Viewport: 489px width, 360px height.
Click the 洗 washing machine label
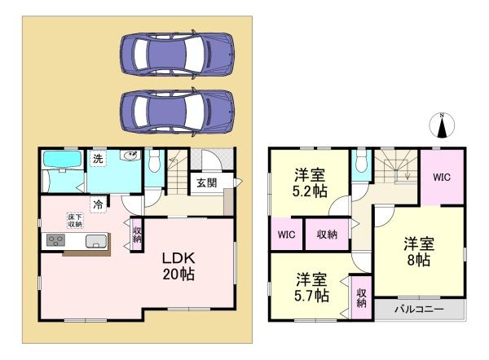[98, 159]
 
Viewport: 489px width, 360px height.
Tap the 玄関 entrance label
[207, 183]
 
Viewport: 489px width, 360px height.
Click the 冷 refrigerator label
[98, 204]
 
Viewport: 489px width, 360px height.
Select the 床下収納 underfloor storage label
[74, 219]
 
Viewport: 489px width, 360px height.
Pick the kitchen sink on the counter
[94, 239]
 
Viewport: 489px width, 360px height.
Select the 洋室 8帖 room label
[418, 251]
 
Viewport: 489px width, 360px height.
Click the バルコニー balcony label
[419, 310]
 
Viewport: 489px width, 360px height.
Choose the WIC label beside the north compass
[442, 177]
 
